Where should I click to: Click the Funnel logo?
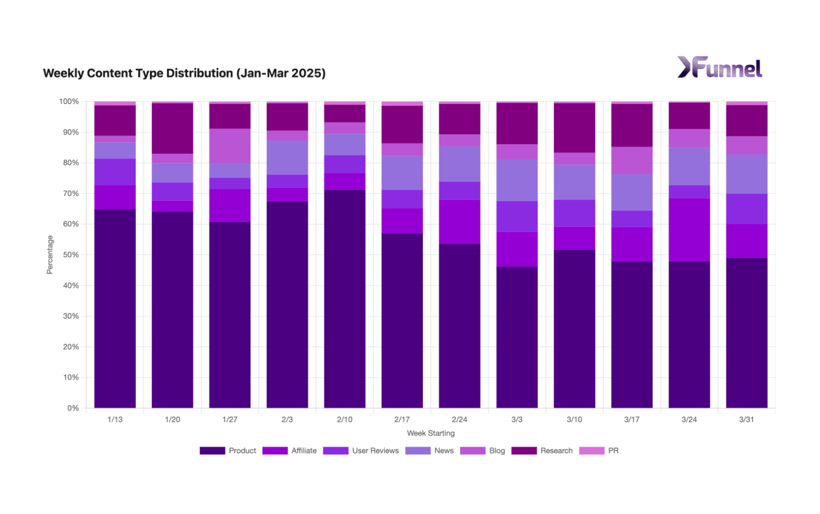pos(720,68)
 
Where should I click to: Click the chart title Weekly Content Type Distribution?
pos(184,73)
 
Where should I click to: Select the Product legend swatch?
pos(212,451)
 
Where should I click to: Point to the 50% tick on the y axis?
pos(71,255)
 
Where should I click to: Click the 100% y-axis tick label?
pos(69,101)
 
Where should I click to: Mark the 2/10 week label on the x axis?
pos(345,419)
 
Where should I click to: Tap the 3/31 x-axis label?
pos(747,419)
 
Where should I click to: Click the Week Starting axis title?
pos(430,433)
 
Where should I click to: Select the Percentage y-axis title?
pos(50,255)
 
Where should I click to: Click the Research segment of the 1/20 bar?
pos(172,128)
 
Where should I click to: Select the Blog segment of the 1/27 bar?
pos(230,146)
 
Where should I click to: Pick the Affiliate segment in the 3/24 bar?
pos(689,230)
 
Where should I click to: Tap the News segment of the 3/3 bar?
pos(517,180)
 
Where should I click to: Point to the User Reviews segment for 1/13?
pos(115,172)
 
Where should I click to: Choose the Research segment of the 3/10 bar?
pos(574,127)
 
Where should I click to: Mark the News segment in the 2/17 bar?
pos(402,173)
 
